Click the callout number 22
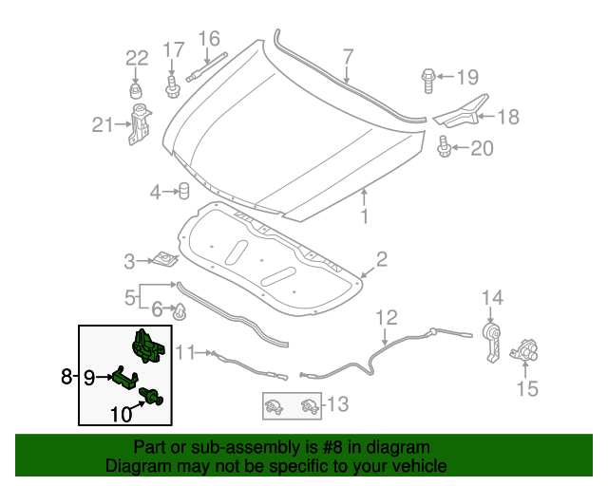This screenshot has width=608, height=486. point(138,58)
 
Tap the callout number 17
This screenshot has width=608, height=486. point(172,50)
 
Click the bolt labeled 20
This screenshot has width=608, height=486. point(444,147)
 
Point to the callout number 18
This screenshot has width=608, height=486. point(508,117)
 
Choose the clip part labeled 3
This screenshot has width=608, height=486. point(166,258)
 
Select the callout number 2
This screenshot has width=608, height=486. point(381,259)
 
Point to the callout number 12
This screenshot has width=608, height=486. point(388,317)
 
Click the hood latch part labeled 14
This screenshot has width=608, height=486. point(490,342)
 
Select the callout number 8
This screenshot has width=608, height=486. point(66,377)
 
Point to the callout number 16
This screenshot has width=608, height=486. point(208,39)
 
